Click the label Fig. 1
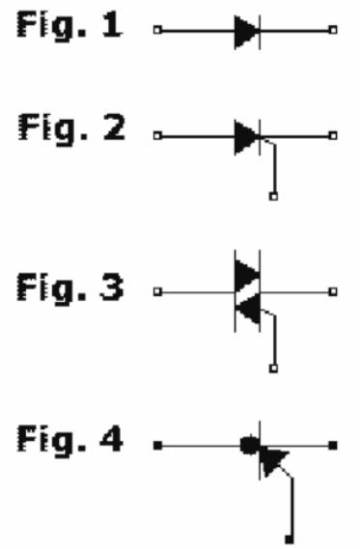pyautogui.click(x=68, y=27)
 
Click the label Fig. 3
pyautogui.click(x=68, y=288)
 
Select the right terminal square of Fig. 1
pyautogui.click(x=333, y=31)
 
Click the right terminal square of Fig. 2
pyautogui.click(x=333, y=137)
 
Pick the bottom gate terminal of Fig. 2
pyautogui.click(x=274, y=196)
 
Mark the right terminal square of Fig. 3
pyautogui.click(x=333, y=290)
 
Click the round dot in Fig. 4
pyautogui.click(x=249, y=446)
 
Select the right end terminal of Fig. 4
pyautogui.click(x=333, y=446)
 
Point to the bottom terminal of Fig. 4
pyautogui.click(x=289, y=536)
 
